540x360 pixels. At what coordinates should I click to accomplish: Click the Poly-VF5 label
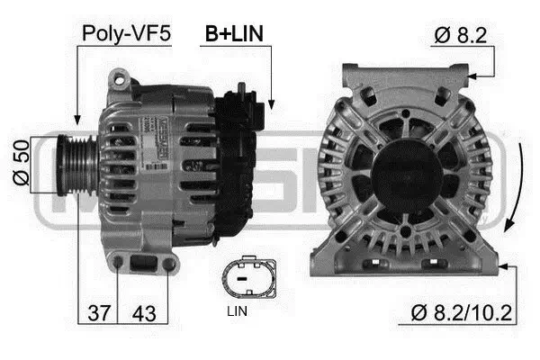(x=126, y=33)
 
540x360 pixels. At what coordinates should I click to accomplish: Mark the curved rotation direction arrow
(x=510, y=202)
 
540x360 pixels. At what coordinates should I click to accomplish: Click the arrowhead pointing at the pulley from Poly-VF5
(x=77, y=120)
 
